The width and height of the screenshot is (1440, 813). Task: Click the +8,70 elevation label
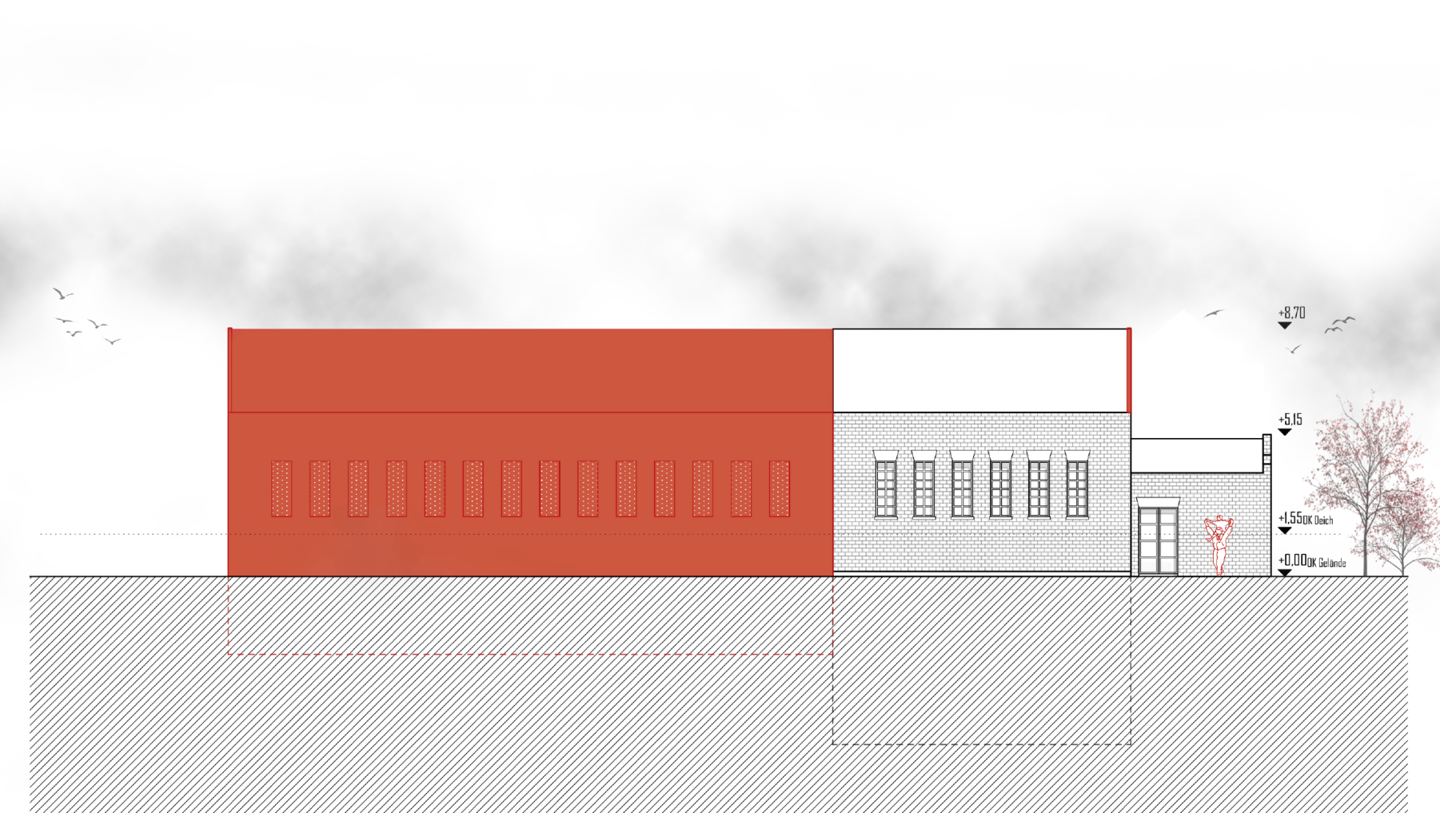coord(1291,313)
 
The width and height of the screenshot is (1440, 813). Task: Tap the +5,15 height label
coord(1290,419)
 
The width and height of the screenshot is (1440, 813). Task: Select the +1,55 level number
coord(1290,518)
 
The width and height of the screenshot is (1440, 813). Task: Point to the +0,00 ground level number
coord(1292,560)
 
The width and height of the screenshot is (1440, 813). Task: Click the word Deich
coord(1323,520)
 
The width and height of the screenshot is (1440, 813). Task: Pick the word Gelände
coord(1332,563)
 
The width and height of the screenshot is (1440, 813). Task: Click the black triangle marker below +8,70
coord(1285,325)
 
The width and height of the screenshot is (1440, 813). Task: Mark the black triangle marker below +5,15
coord(1285,432)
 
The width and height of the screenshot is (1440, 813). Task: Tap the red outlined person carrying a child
coord(1219,544)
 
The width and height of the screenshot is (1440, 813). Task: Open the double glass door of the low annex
coord(1158,540)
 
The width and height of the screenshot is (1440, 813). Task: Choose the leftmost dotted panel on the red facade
coord(281,488)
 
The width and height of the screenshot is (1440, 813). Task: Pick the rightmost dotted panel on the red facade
coord(779,488)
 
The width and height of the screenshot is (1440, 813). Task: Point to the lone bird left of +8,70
coord(1214,313)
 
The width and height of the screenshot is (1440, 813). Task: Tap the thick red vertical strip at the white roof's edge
coord(1129,370)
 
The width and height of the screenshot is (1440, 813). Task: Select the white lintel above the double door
coord(1158,502)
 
